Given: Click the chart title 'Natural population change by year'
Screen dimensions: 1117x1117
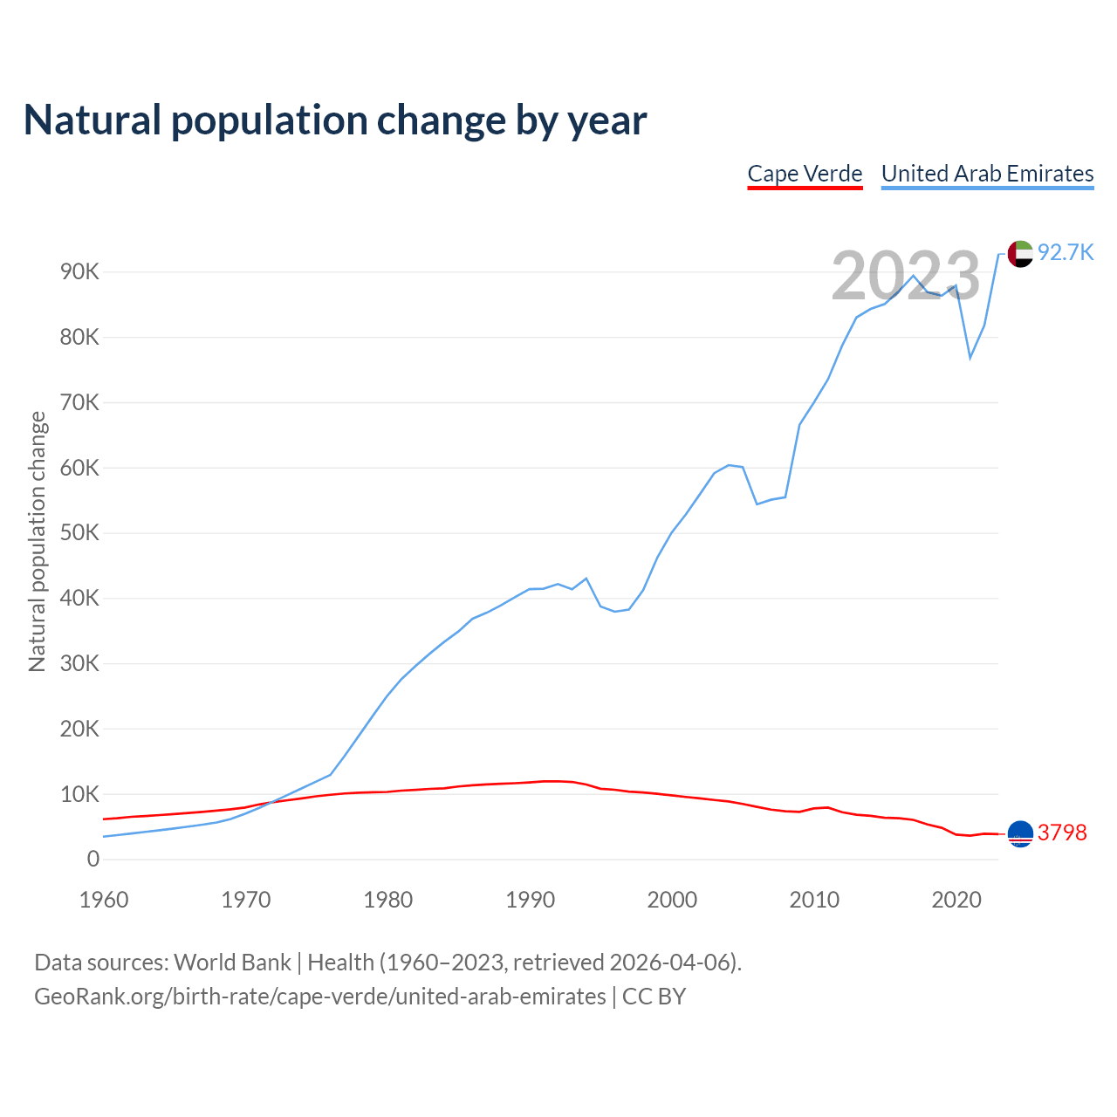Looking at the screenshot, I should [x=335, y=120].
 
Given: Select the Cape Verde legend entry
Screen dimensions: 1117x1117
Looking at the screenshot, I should [x=805, y=174].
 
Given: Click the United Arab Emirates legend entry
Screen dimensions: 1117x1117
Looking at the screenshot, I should [x=987, y=174].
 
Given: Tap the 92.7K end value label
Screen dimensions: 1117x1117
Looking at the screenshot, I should [x=1065, y=253].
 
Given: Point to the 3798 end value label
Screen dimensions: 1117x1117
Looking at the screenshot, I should [x=1062, y=833].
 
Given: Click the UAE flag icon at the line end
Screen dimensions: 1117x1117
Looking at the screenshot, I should [x=1020, y=254].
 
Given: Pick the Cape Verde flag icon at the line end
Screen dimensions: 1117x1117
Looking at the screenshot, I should [x=1020, y=834].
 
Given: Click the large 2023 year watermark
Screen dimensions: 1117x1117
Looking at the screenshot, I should [x=906, y=277].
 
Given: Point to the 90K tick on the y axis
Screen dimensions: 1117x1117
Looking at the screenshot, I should [x=80, y=272].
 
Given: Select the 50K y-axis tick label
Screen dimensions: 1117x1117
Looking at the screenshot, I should [x=80, y=533].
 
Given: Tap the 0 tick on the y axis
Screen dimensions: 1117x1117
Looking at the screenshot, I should [x=93, y=860].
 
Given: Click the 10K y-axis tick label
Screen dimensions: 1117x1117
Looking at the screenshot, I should [x=80, y=794].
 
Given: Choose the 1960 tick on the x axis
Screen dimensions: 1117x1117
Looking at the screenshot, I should [x=104, y=900].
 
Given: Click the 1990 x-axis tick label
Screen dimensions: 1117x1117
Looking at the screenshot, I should [x=531, y=900].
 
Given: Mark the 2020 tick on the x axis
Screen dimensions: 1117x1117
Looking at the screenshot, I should [x=956, y=900].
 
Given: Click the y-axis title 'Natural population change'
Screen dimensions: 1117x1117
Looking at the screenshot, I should [x=38, y=542].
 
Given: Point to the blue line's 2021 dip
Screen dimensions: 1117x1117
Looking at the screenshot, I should [x=970, y=358].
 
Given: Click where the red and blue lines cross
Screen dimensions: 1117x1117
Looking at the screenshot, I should [x=267, y=803].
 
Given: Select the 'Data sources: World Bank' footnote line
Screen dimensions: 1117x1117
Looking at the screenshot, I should [x=387, y=963].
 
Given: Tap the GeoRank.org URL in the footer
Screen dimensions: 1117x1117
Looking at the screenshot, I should [x=320, y=997].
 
